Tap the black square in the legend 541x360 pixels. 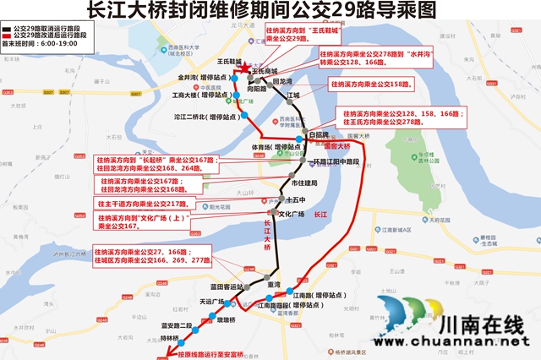click(7, 29)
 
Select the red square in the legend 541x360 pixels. click(7, 35)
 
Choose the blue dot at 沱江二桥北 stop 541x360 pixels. click(245, 115)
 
